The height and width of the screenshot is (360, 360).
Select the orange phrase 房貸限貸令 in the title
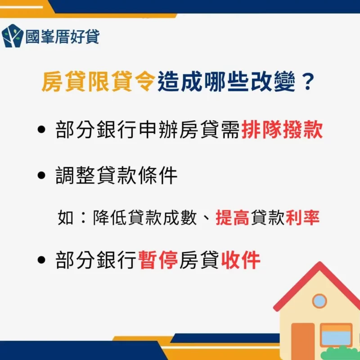[x=99, y=82]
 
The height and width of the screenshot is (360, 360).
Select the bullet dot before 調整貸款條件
[x=42, y=176]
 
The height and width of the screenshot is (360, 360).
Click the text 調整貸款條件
[x=117, y=176]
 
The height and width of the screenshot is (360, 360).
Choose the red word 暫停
[x=157, y=260]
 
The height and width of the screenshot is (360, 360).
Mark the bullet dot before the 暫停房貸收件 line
[x=42, y=260]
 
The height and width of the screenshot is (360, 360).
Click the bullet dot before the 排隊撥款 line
[x=42, y=131]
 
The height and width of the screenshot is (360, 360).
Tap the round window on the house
[x=319, y=300]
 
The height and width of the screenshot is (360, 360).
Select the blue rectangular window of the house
[x=336, y=336]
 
